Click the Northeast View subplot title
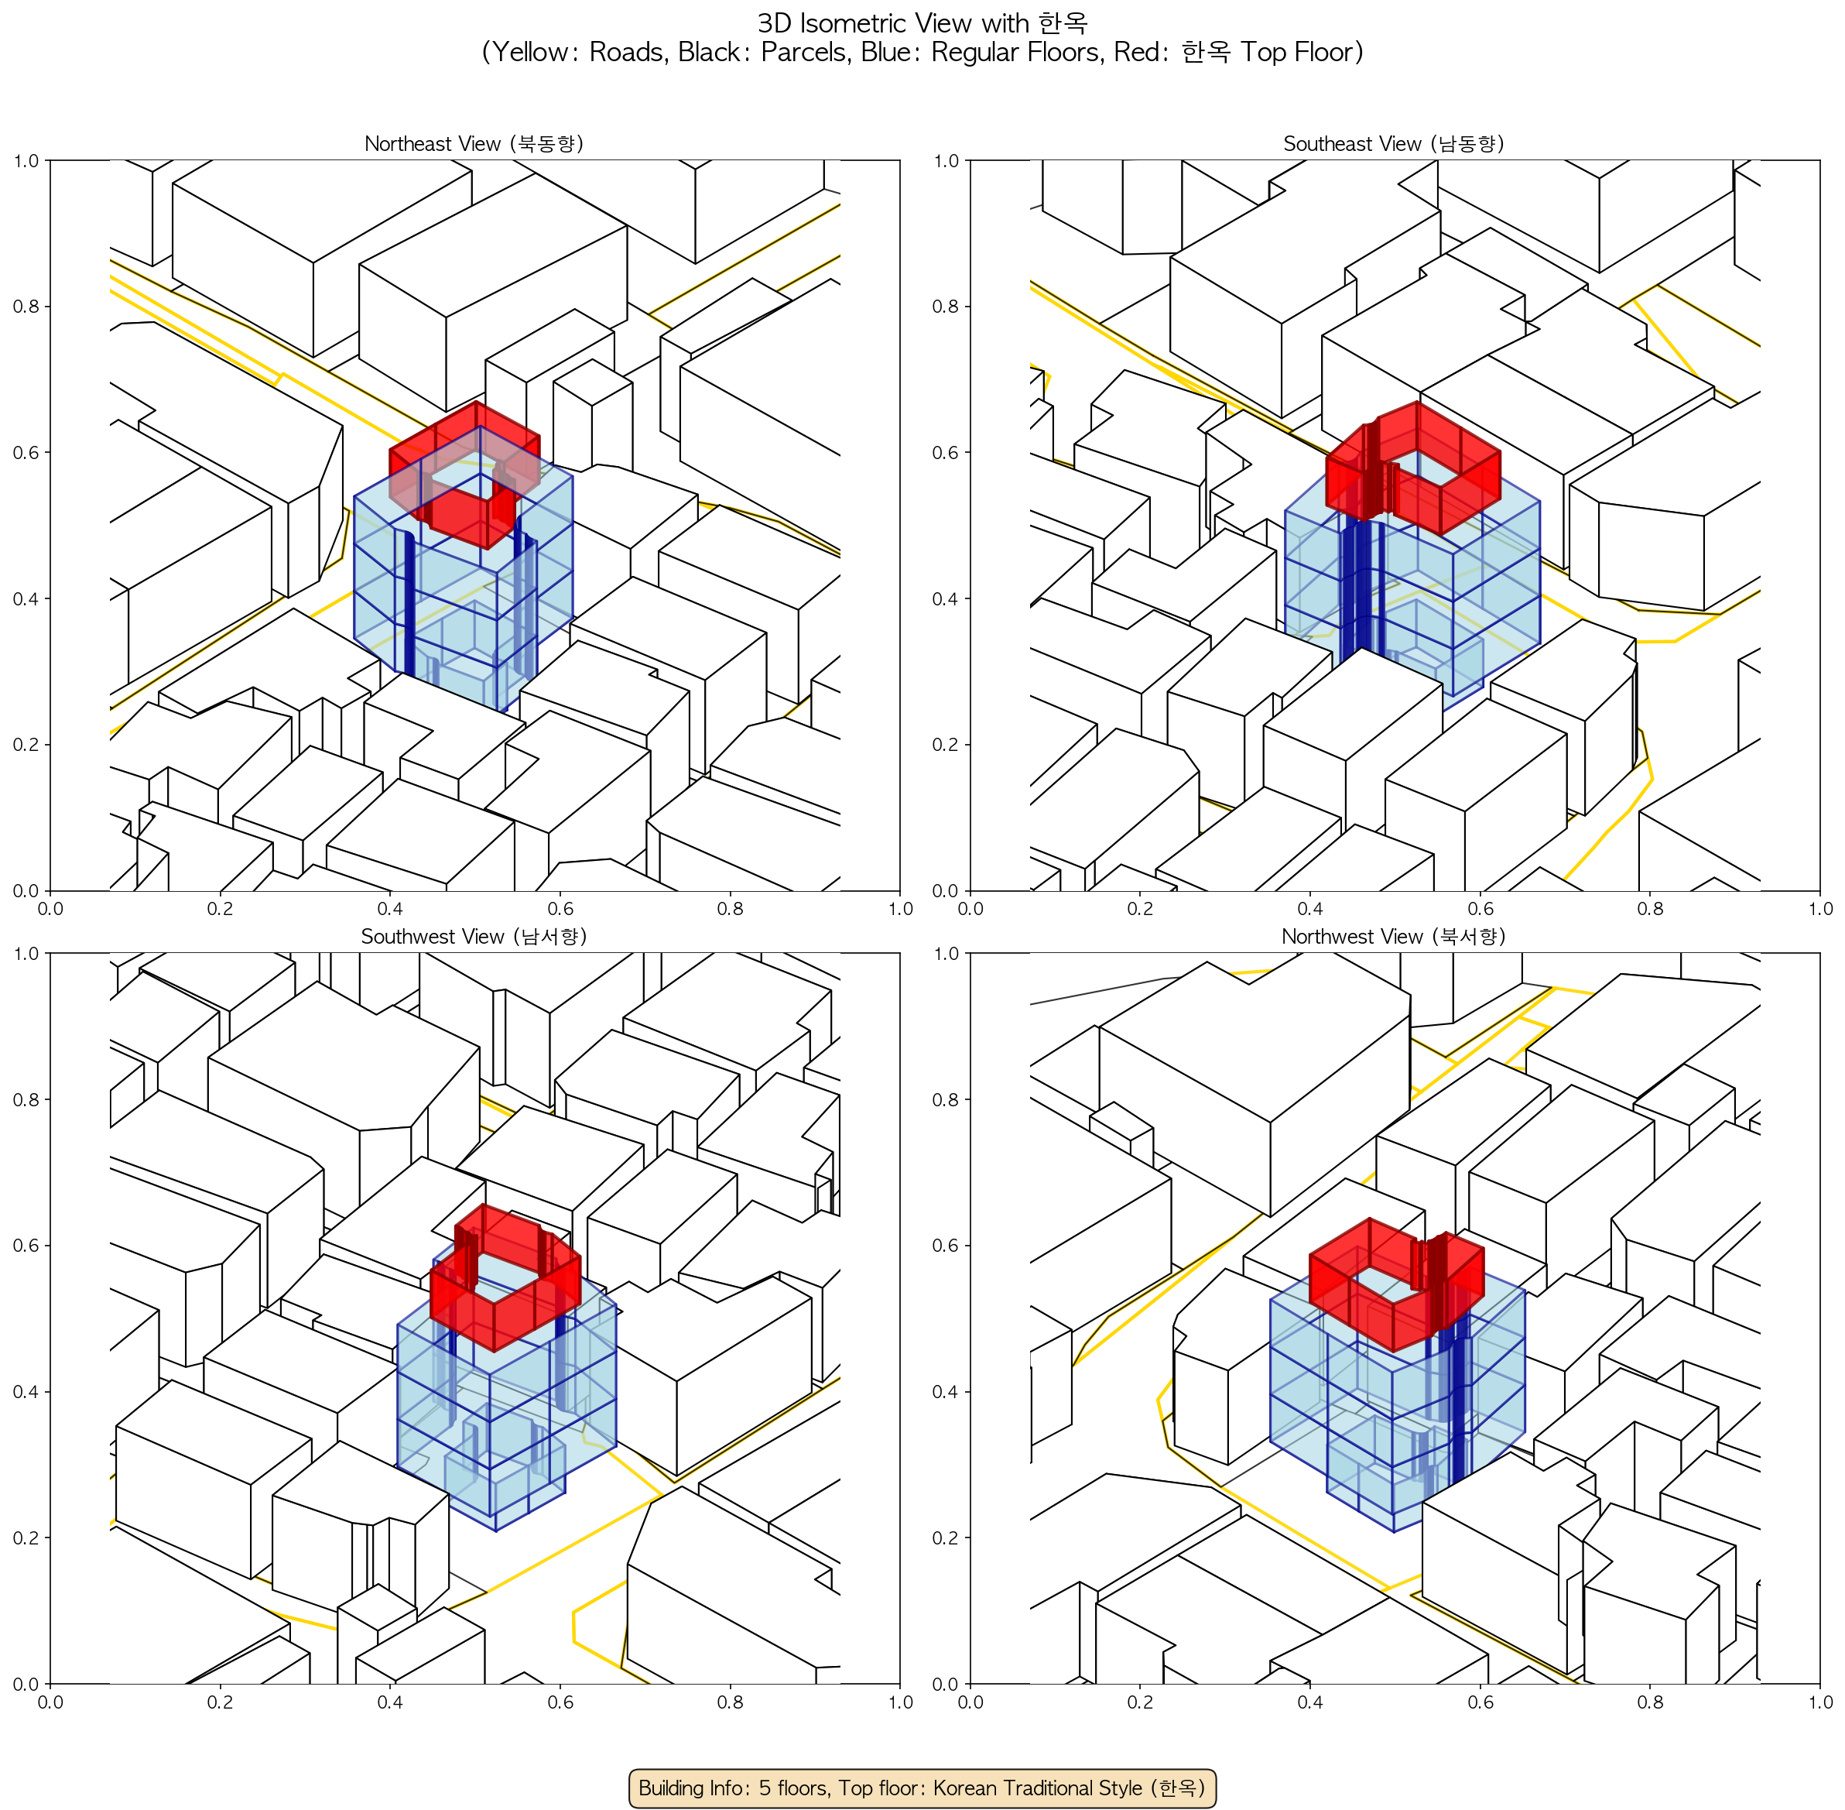tap(474, 143)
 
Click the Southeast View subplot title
tap(1395, 143)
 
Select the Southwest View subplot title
tap(474, 937)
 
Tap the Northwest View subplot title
tap(1395, 937)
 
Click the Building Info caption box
tap(922, 1788)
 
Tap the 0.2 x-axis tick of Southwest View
tap(220, 1702)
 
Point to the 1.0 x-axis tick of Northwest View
tap(1820, 1702)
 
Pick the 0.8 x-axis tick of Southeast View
tap(1650, 909)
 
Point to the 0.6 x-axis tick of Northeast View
tap(560, 909)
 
